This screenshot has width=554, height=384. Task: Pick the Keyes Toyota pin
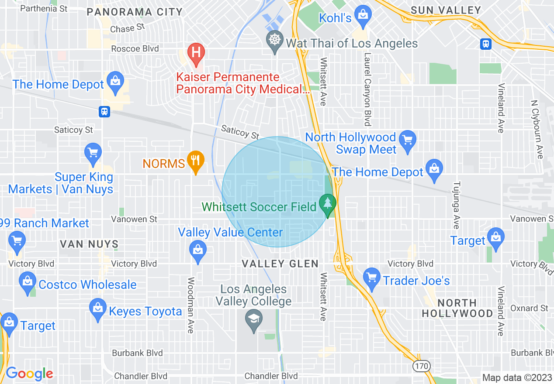[98, 309]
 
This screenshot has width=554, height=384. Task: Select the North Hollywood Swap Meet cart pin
[408, 141]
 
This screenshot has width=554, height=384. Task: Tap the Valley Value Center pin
[198, 251]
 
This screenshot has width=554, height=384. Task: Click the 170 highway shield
[422, 365]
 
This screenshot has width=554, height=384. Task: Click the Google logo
[29, 374]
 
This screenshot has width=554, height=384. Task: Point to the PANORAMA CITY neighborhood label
[135, 12]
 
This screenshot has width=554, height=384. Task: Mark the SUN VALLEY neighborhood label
[446, 10]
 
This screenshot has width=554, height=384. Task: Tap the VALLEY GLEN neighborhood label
[280, 264]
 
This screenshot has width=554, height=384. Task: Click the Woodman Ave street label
[190, 305]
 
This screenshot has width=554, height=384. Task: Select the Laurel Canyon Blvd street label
[367, 89]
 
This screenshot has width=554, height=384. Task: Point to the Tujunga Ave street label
[456, 205]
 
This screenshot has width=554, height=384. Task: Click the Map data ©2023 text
[517, 377]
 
